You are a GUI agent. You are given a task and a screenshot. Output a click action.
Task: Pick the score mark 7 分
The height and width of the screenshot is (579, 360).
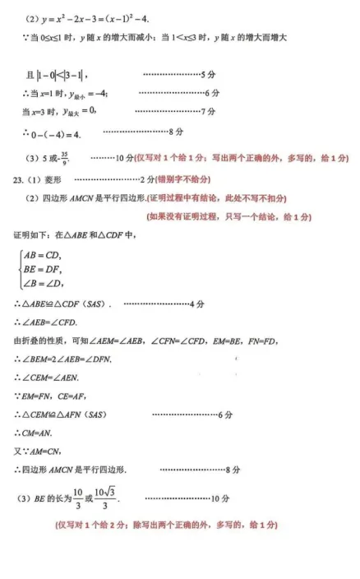[209, 110]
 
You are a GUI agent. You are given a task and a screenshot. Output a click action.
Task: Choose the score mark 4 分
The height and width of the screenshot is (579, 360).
[197, 304]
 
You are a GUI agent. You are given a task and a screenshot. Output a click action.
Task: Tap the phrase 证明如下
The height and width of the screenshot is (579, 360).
[29, 235]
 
